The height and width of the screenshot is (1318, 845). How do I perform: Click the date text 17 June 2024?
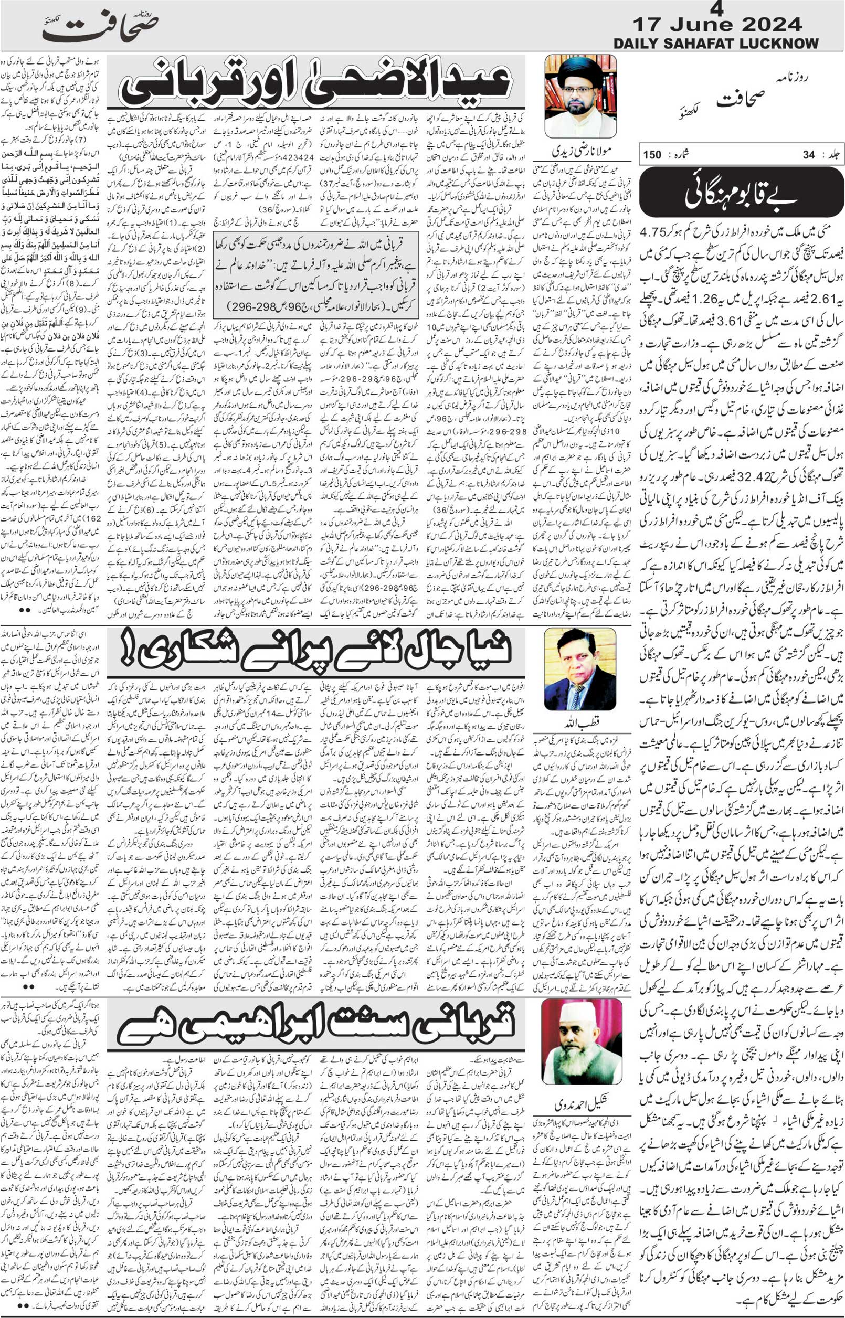[717, 25]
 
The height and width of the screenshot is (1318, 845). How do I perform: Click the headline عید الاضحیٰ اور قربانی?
[315, 82]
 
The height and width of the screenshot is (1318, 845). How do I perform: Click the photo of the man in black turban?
[580, 96]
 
